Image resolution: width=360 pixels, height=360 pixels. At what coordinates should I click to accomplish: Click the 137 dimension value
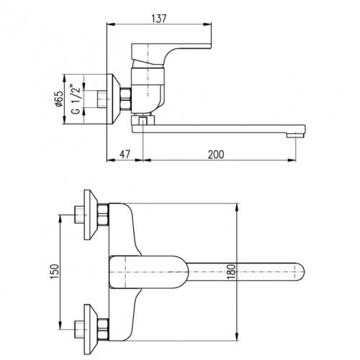(x=159, y=19)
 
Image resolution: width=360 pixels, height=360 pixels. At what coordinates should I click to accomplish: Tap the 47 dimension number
(x=125, y=154)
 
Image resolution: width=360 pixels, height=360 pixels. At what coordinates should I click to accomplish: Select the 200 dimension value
(x=216, y=154)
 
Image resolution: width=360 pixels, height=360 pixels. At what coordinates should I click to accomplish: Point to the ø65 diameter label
(x=59, y=99)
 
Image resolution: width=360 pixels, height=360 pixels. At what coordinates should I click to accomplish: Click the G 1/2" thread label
(x=76, y=99)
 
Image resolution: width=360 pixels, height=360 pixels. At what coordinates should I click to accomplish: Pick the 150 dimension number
(x=55, y=271)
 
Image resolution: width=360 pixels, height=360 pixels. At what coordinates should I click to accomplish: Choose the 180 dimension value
(x=231, y=271)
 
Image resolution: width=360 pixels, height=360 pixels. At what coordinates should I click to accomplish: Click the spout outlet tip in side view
(x=296, y=135)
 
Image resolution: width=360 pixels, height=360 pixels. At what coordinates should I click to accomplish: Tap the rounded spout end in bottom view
(x=300, y=272)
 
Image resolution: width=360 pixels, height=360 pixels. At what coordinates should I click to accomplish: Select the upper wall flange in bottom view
(x=91, y=215)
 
